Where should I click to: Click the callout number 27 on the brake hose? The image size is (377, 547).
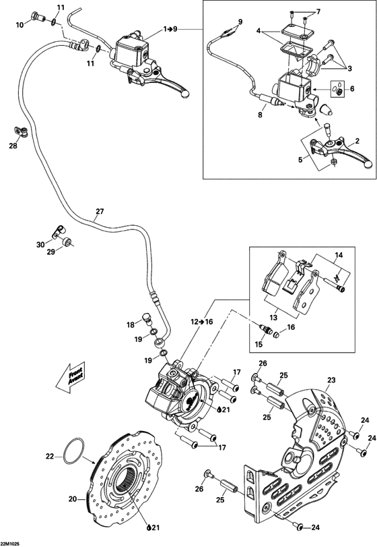point(100,212)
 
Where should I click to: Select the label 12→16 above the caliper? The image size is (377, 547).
point(201,323)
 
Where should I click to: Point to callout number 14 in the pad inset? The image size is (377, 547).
point(339,256)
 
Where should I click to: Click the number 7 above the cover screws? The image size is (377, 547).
point(318,11)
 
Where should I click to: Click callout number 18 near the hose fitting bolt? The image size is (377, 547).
point(131,325)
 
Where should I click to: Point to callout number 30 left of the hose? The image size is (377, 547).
point(40,244)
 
